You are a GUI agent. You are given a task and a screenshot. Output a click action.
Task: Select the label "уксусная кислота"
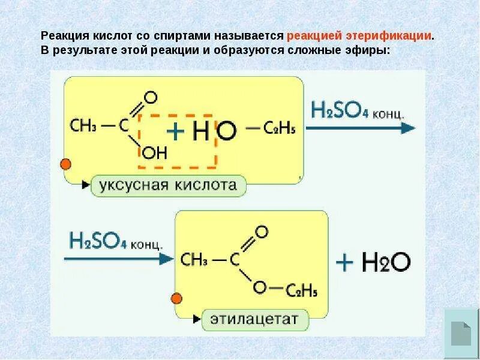click(168, 185)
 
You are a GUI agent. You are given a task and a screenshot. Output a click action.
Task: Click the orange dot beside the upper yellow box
click(66, 164)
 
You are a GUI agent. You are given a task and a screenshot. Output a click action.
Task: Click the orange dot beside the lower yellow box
click(177, 298)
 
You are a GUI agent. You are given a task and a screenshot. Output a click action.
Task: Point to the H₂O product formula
click(385, 262)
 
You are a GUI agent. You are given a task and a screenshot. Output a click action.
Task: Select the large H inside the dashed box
click(199, 131)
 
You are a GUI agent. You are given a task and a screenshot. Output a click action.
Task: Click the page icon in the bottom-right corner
click(461, 334)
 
